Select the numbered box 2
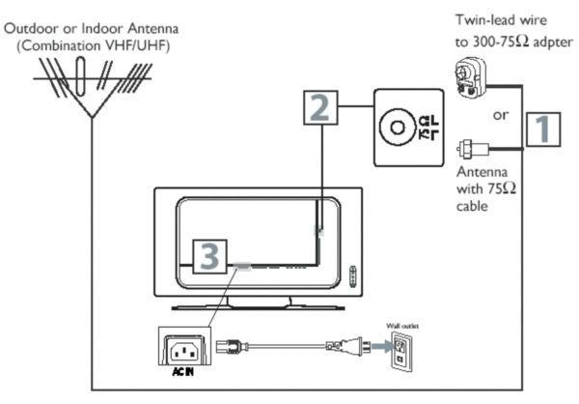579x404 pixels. [321, 107]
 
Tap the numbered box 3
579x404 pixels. [211, 255]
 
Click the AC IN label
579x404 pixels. [176, 372]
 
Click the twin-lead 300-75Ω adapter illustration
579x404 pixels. [470, 75]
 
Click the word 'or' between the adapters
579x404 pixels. [501, 116]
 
